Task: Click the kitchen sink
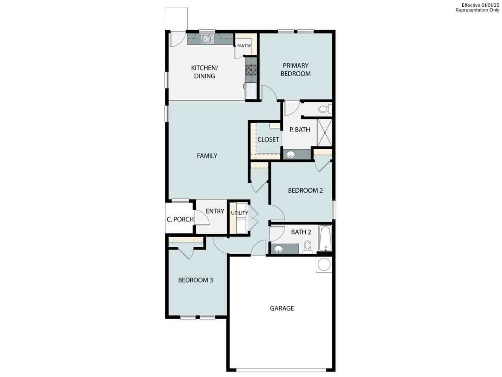(x=207, y=39)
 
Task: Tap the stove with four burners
(x=251, y=69)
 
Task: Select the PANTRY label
(x=244, y=46)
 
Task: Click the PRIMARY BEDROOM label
(x=296, y=70)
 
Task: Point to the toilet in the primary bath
(x=324, y=110)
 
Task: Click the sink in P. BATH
(x=290, y=155)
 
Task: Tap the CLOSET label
(x=268, y=139)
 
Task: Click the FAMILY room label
(x=207, y=156)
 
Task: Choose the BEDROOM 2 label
(x=305, y=190)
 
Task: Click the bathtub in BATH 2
(x=325, y=239)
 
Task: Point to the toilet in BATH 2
(x=307, y=247)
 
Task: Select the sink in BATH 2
(x=278, y=249)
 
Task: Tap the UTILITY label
(x=240, y=213)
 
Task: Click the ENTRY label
(x=215, y=211)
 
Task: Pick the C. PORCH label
(x=180, y=219)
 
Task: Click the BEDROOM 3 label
(x=196, y=280)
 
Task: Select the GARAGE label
(x=282, y=308)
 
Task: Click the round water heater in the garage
(x=323, y=265)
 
